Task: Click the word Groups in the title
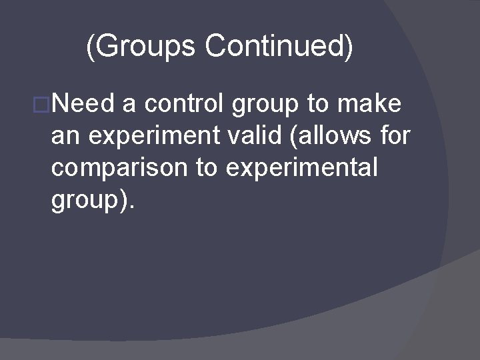click(142, 47)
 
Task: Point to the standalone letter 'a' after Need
click(129, 106)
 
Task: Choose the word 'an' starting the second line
click(65, 137)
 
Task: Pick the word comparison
click(117, 169)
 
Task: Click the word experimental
click(302, 169)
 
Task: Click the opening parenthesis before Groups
click(90, 47)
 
